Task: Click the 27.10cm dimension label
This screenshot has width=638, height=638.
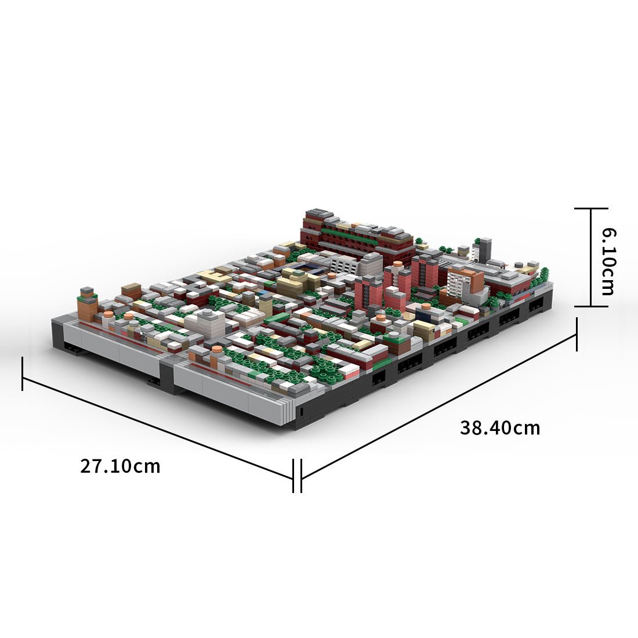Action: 120,466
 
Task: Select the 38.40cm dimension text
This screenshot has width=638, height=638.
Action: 500,428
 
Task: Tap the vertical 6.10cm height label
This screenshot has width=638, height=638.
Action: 609,261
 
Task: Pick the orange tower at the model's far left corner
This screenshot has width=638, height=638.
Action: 88,304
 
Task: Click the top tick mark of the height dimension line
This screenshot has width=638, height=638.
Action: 591,208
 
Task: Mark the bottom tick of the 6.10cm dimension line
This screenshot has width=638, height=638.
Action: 591,306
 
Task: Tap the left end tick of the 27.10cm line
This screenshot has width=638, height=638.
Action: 23,374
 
